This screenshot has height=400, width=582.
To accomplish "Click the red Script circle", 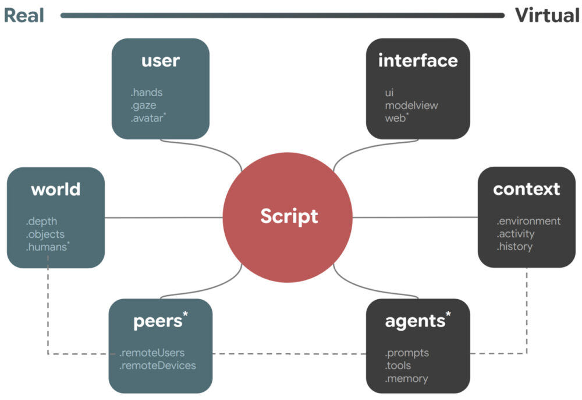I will (x=288, y=217).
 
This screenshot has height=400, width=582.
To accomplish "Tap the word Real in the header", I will (x=24, y=16).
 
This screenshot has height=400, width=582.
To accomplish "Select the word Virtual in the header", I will (x=546, y=16).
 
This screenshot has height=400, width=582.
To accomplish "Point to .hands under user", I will (x=147, y=92).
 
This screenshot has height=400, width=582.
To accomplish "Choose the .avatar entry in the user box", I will (x=148, y=118).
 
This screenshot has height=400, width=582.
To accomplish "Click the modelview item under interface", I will (x=411, y=105).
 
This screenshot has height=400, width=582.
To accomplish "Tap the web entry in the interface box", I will (x=396, y=118).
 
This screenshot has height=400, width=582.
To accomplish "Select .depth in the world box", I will (x=41, y=222).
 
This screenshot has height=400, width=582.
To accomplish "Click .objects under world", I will (x=45, y=234).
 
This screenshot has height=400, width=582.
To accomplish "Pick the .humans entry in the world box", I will (x=47, y=247).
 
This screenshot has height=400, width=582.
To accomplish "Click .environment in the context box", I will (x=528, y=221).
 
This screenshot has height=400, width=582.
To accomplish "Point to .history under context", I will (x=514, y=247).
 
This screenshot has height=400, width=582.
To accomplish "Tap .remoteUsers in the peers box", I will (x=152, y=353).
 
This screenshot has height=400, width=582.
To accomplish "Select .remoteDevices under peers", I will (x=158, y=366).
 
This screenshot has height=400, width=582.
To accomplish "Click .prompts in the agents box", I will (x=407, y=353).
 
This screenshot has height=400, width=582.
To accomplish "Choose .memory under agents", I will (x=406, y=378).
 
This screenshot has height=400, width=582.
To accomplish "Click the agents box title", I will (x=416, y=321).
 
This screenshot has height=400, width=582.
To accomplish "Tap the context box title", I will (x=526, y=189).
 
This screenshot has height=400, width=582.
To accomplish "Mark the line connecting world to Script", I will (x=163, y=217).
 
